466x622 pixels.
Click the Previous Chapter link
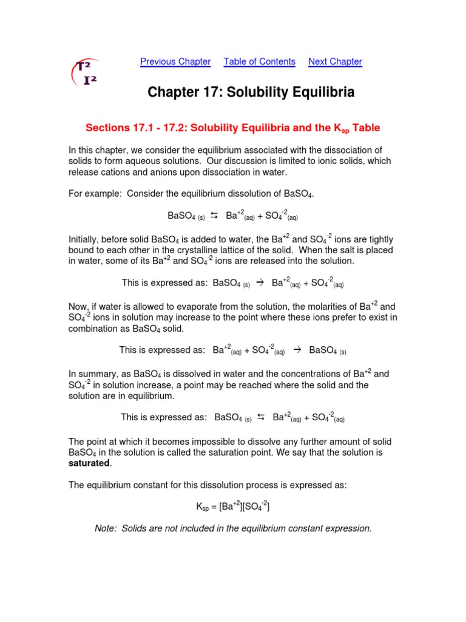point(175,61)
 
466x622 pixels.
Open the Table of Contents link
point(259,61)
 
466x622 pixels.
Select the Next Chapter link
point(335,61)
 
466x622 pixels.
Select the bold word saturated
point(89,463)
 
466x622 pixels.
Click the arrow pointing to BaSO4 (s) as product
point(297,350)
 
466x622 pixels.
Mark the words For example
point(90,194)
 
